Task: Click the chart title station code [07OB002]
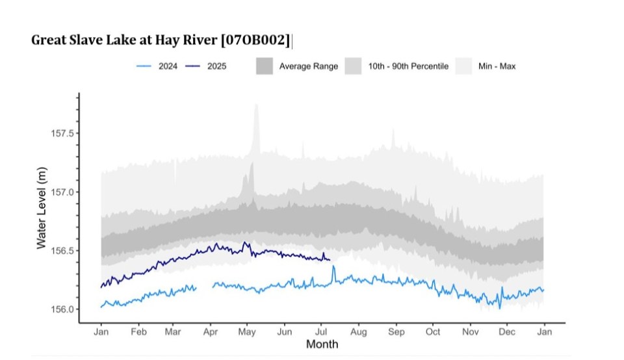[x=255, y=40]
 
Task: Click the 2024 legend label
[x=168, y=66]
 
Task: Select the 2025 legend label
[x=216, y=66]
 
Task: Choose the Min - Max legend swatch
[x=463, y=66]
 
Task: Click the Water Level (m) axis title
[x=42, y=207]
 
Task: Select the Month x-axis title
[x=322, y=344]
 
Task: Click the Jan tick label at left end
[x=101, y=332]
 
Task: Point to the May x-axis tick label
[x=247, y=332]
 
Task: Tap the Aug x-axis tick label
[x=358, y=332]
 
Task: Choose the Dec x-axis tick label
[x=506, y=332]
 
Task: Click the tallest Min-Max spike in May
[x=256, y=106]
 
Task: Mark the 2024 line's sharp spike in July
[x=333, y=266]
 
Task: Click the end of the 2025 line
[x=330, y=260]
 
